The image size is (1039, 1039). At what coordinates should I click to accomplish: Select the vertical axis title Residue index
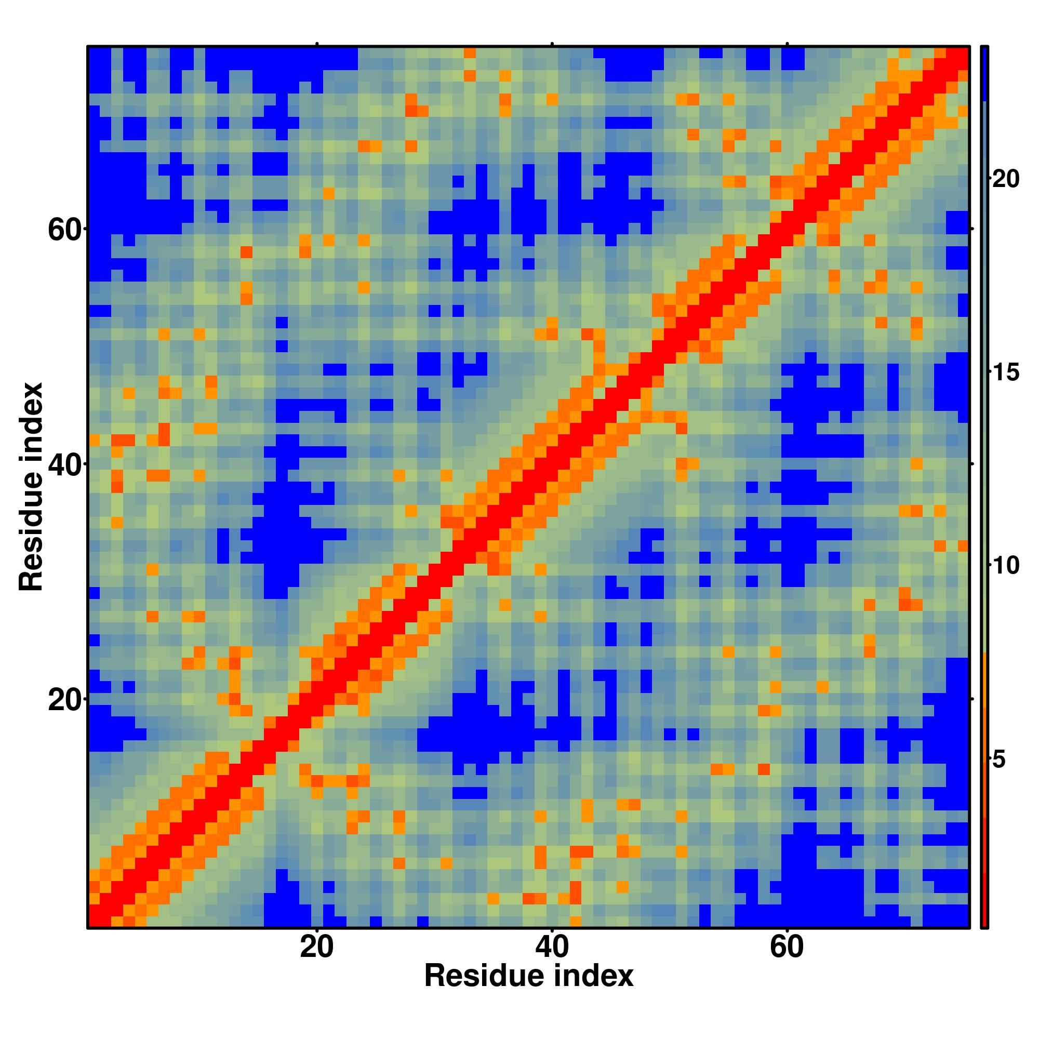click(x=31, y=487)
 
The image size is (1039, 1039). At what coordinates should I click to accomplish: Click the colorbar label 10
click(x=1005, y=566)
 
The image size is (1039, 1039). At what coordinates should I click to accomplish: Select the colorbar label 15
click(x=1005, y=372)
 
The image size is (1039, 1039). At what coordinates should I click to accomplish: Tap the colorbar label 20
click(x=1005, y=179)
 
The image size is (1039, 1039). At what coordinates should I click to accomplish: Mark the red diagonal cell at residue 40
click(x=552, y=464)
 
